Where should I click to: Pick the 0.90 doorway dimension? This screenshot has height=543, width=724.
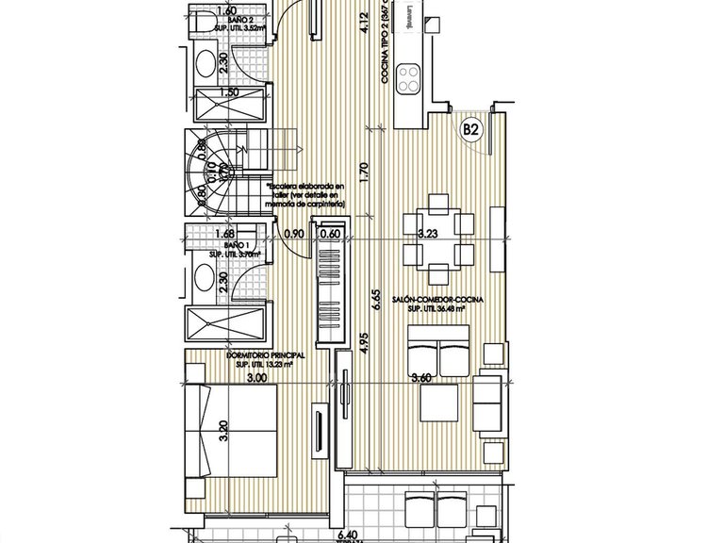coord(294,235)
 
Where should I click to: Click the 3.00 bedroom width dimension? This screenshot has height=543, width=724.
coord(256,378)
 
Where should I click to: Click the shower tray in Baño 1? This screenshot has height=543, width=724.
coord(226,323)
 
